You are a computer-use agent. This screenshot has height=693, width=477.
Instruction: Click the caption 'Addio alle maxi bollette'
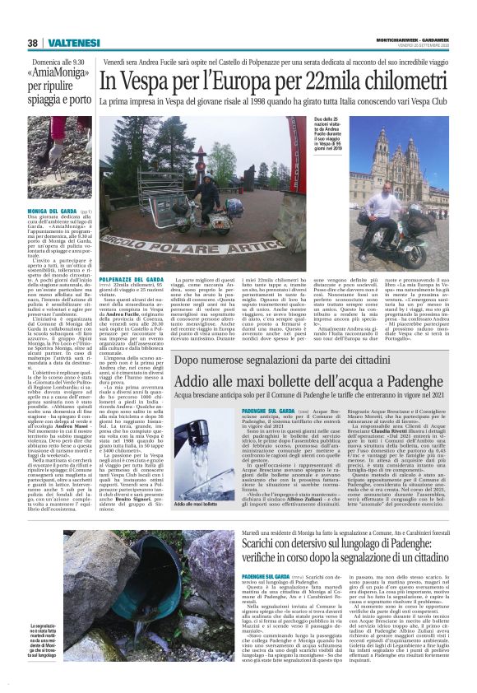(197, 504)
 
